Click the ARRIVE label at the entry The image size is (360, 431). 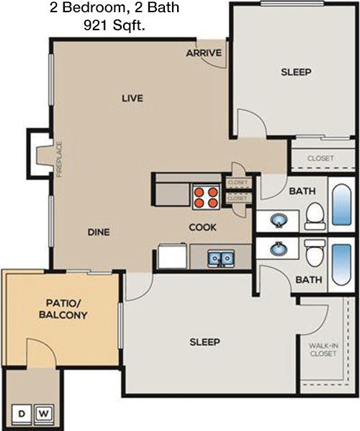(x=204, y=53)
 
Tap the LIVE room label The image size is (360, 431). (x=132, y=98)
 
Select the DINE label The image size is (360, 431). (x=99, y=232)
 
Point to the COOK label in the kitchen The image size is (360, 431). (x=203, y=227)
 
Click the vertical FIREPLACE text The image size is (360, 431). (x=60, y=159)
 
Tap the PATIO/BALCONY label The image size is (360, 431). (x=63, y=309)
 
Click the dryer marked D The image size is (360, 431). (x=22, y=414)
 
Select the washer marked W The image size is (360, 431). (x=43, y=414)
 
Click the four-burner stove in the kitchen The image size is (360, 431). (x=206, y=197)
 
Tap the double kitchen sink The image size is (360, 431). (x=221, y=258)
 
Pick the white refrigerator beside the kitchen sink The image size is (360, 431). (x=172, y=256)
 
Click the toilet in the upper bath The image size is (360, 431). (x=315, y=217)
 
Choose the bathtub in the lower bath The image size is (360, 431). (x=341, y=265)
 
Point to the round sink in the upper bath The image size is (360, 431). (x=279, y=220)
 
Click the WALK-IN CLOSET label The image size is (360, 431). (x=323, y=350)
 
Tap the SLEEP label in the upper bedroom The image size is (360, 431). (x=296, y=72)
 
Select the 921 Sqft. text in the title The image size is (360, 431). (x=114, y=26)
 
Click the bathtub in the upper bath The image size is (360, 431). (x=342, y=204)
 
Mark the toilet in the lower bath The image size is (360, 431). (x=315, y=253)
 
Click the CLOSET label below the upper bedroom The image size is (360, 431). (x=320, y=158)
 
